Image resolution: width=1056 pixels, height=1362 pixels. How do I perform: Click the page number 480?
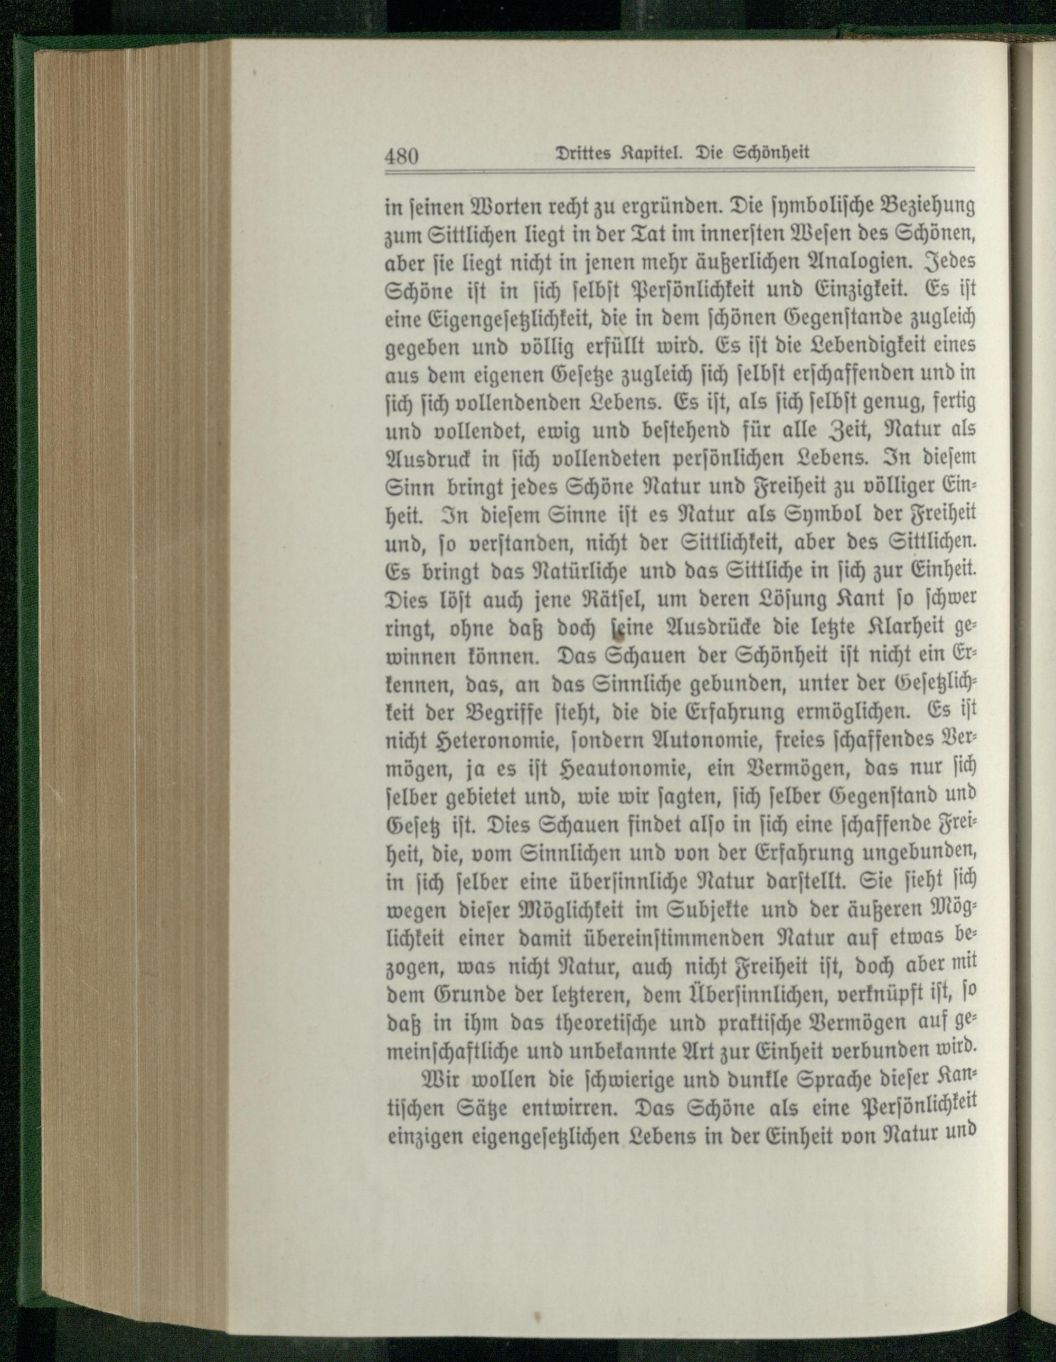tap(400, 155)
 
